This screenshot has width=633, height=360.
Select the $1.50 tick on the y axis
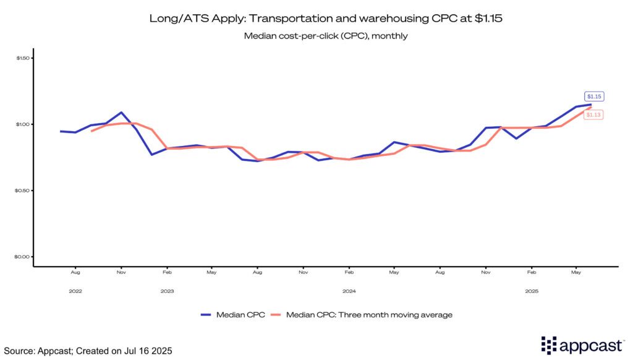23,58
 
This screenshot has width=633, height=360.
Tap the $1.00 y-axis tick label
23,124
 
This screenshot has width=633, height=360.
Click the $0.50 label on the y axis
23,191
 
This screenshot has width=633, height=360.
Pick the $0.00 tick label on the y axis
23,257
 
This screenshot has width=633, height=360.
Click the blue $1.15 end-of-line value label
595,96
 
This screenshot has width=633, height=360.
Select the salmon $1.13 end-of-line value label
595,114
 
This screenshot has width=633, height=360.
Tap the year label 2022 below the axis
75,291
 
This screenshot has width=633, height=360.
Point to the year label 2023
167,291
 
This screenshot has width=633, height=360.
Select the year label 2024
349,291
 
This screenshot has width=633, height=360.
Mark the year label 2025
531,291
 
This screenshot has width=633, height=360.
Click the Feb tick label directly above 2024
349,272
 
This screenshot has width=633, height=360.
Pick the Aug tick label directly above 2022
75,272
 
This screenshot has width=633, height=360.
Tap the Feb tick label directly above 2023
167,272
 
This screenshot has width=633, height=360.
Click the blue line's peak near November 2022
121,113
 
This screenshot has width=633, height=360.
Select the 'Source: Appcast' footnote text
88,351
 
